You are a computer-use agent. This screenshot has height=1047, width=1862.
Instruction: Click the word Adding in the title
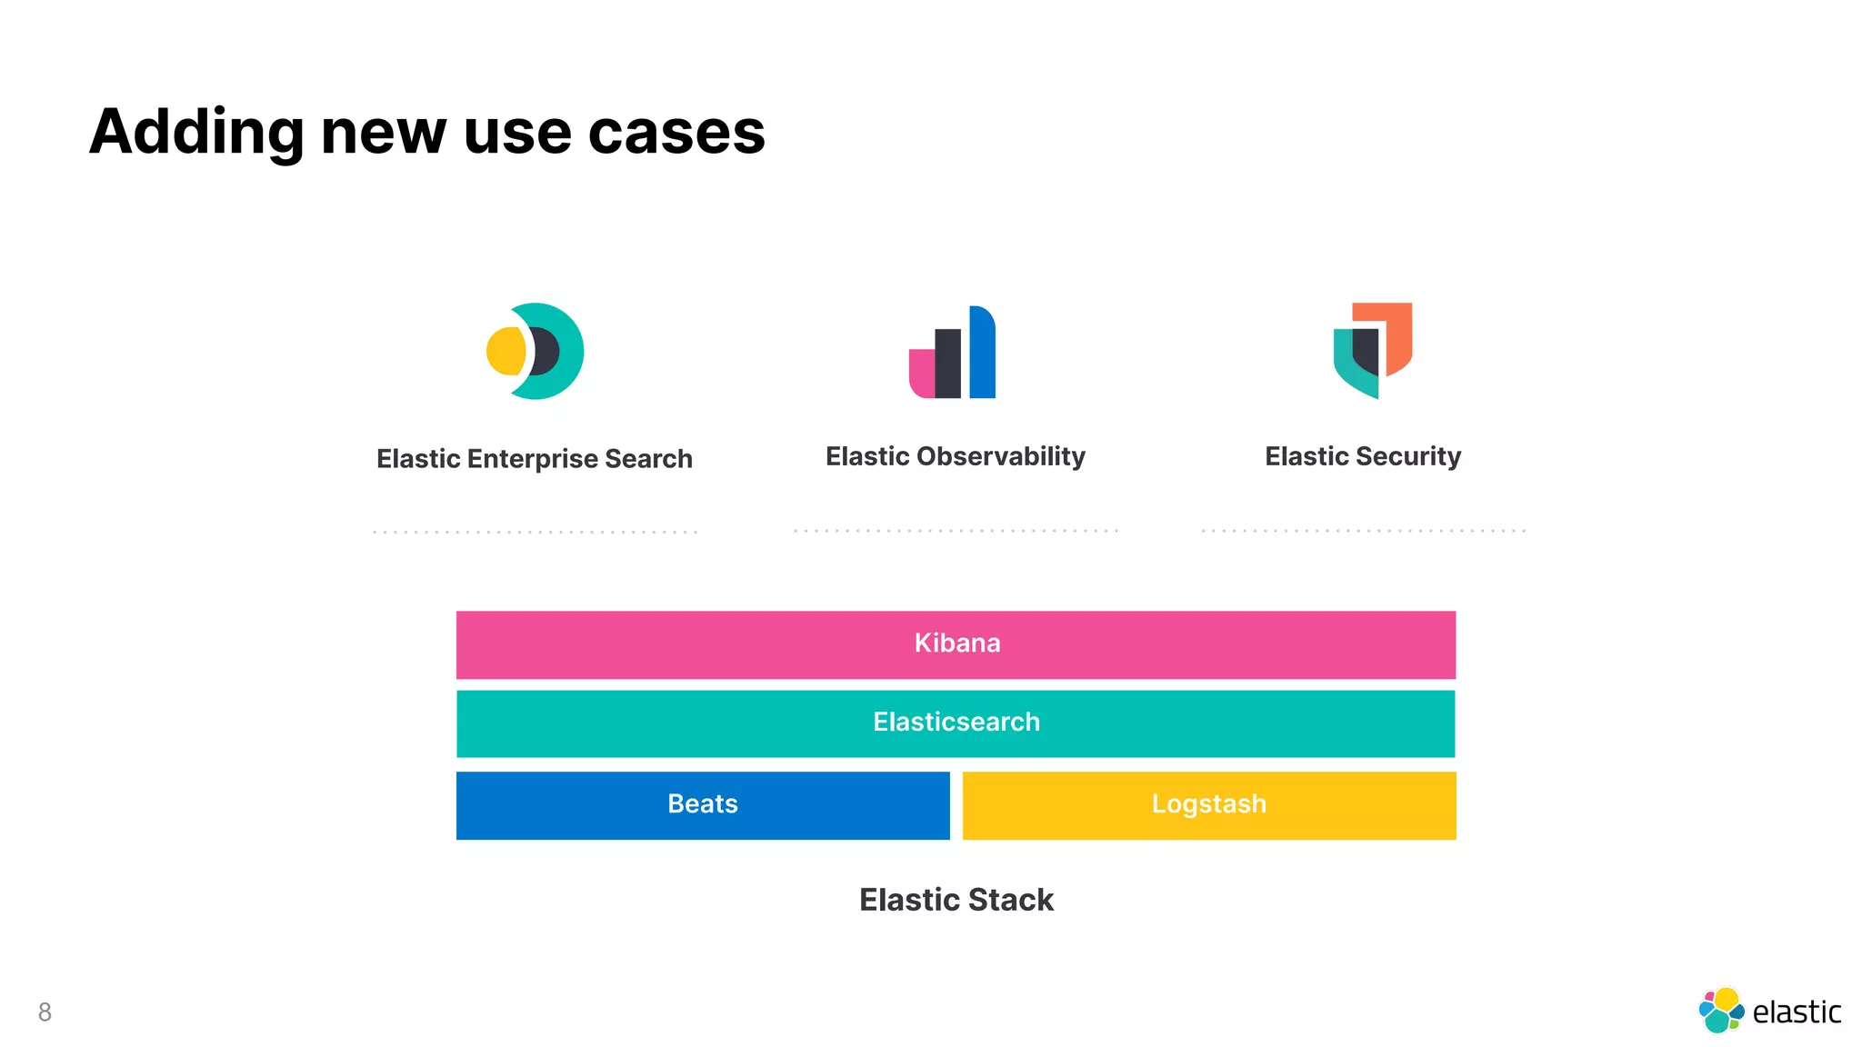pyautogui.click(x=195, y=133)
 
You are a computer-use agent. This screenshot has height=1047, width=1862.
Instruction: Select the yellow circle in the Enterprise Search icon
pyautogui.click(x=505, y=351)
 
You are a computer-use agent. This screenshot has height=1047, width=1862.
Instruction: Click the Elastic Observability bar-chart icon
pyautogui.click(x=953, y=353)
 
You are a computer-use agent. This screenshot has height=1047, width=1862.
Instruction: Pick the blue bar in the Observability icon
pyautogui.click(x=983, y=354)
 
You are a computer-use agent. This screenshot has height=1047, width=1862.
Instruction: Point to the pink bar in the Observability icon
pyautogui.click(x=921, y=374)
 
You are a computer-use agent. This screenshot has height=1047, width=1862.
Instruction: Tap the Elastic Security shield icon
pyautogui.click(x=1372, y=351)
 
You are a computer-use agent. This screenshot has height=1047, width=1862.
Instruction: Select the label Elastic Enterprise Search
pyautogui.click(x=535, y=459)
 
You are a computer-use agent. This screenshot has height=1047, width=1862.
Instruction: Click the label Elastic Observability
pyautogui.click(x=955, y=456)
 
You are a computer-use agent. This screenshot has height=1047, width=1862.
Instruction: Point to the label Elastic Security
pyautogui.click(x=1363, y=456)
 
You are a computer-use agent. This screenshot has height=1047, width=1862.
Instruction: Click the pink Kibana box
pyautogui.click(x=956, y=644)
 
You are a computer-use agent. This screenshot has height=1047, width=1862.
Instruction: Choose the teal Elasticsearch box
pyautogui.click(x=956, y=723)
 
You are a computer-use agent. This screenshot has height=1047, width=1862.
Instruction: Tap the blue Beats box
pyautogui.click(x=703, y=805)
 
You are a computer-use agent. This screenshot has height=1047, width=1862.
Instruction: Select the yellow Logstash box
pyautogui.click(x=1209, y=805)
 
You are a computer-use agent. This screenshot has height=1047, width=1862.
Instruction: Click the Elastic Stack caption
pyautogui.click(x=956, y=900)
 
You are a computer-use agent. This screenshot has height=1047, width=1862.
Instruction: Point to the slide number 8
pyautogui.click(x=45, y=1012)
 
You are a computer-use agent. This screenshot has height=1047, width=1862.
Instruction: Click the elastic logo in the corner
pyautogui.click(x=1768, y=1011)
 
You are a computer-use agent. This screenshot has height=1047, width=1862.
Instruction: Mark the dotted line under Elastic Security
pyautogui.click(x=1363, y=531)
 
